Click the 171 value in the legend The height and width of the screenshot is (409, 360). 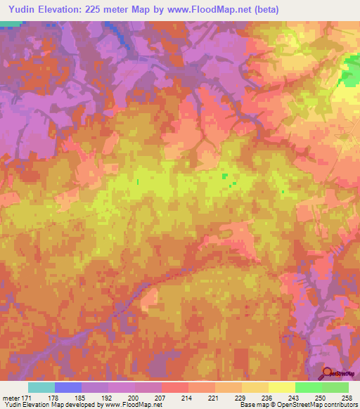click(x=25, y=398)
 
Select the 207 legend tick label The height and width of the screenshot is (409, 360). click(x=161, y=398)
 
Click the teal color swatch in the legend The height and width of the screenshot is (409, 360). click(x=41, y=387)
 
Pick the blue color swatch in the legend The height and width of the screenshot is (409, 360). click(x=68, y=387)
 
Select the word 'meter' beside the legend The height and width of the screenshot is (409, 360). click(x=9, y=398)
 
